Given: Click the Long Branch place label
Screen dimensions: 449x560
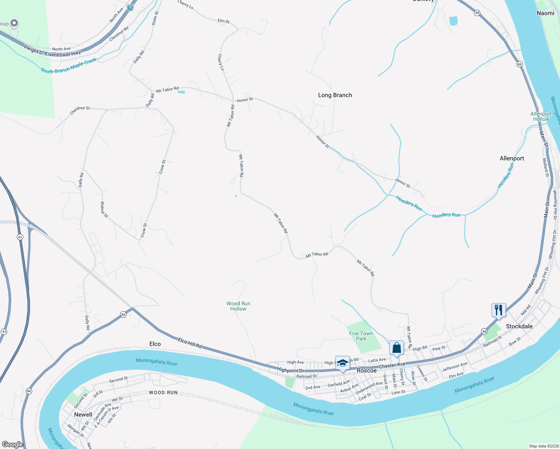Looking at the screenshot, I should pyautogui.click(x=335, y=95).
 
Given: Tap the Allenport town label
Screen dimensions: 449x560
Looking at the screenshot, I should pyautogui.click(x=512, y=158).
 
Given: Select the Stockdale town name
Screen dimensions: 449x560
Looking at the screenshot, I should pyautogui.click(x=519, y=326).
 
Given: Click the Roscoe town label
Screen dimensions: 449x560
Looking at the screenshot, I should pyautogui.click(x=366, y=370).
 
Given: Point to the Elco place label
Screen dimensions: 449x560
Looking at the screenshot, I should pyautogui.click(x=155, y=344).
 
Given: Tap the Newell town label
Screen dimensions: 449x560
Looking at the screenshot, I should pyautogui.click(x=83, y=415).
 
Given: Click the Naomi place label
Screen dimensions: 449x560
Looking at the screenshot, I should pyautogui.click(x=545, y=13).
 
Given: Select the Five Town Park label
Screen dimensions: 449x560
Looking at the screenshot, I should pyautogui.click(x=361, y=336).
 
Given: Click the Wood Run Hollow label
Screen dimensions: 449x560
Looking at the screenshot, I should pyautogui.click(x=238, y=306).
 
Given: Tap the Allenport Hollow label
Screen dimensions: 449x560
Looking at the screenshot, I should pyautogui.click(x=541, y=116).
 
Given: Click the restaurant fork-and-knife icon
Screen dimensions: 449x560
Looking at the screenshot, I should pyautogui.click(x=499, y=310).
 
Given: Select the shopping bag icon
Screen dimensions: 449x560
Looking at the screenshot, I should pyautogui.click(x=396, y=348).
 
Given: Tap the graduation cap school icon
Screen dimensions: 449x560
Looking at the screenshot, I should pyautogui.click(x=343, y=363).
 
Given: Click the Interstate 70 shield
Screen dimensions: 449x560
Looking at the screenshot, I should pyautogui.click(x=130, y=7).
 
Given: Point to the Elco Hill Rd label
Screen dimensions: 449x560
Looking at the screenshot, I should pyautogui.click(x=190, y=343).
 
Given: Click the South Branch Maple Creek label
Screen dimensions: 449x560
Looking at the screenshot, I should pyautogui.click(x=69, y=66).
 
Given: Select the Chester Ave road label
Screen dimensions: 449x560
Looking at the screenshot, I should pyautogui.click(x=392, y=365).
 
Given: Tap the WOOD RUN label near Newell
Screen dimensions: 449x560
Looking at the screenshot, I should pyautogui.click(x=163, y=393).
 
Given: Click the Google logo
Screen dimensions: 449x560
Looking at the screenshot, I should pyautogui.click(x=12, y=444).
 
